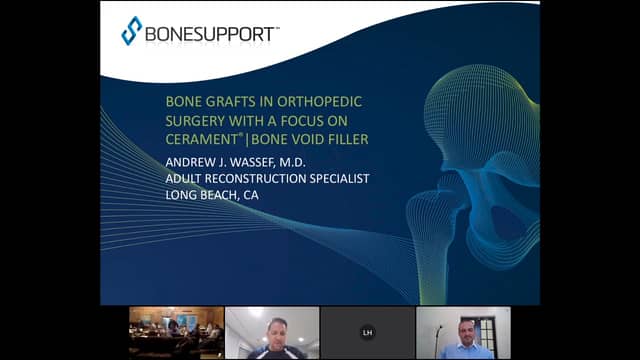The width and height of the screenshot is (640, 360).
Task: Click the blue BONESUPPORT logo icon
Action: tap(132, 30)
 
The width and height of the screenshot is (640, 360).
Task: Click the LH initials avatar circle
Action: tap(367, 332)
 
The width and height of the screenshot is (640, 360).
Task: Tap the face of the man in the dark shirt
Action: tap(272, 329)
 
